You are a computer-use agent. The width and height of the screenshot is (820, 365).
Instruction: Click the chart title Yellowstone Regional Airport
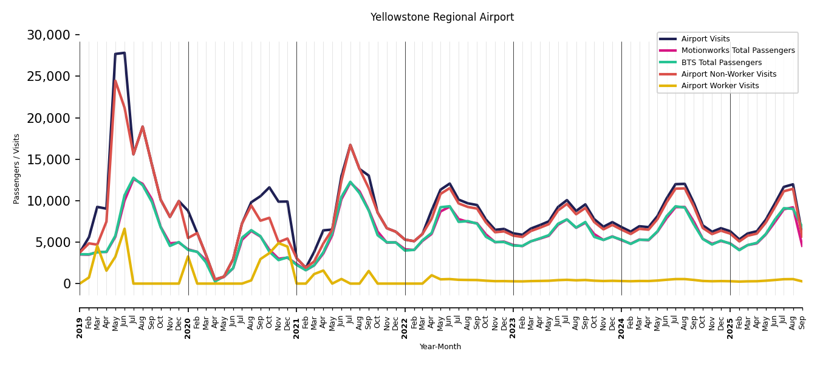442,18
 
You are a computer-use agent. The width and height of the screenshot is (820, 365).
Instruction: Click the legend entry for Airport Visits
705,39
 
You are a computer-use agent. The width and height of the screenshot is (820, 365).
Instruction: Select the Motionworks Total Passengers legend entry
737,50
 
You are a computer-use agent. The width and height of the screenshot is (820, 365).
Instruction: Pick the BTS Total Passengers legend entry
721,63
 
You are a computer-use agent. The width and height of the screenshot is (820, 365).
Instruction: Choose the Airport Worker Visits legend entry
720,86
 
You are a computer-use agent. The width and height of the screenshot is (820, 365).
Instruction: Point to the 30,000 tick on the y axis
48,35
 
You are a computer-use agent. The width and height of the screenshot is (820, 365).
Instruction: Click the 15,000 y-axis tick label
48,159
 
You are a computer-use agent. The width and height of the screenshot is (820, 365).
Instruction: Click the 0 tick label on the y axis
67,284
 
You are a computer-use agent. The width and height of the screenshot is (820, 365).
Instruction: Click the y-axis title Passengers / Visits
16,169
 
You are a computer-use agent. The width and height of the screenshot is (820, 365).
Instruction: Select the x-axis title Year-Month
440,347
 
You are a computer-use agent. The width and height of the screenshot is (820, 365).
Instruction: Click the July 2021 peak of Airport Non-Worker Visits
350,145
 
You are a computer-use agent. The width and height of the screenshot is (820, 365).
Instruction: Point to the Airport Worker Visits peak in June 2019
125,229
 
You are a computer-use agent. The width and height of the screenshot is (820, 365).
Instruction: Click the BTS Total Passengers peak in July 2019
134,178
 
